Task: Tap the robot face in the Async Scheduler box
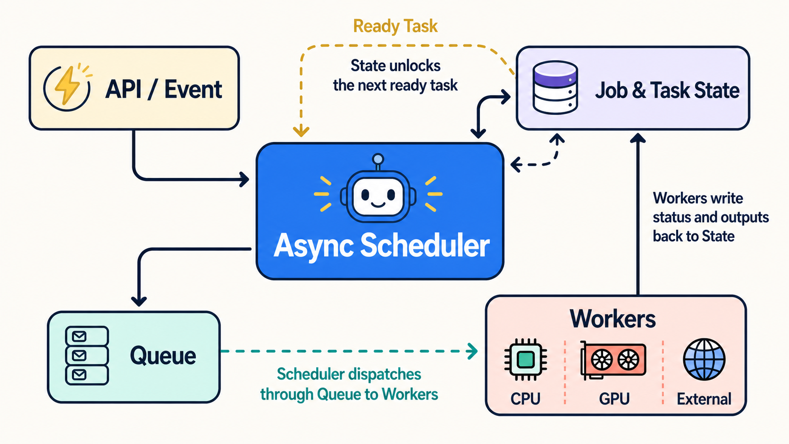[378, 196]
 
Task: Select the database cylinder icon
[555, 87]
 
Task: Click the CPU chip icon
[526, 360]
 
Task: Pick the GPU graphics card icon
[613, 360]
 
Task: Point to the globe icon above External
[704, 359]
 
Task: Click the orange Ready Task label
[395, 26]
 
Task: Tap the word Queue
[163, 356]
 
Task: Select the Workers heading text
[613, 319]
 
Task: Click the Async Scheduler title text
[381, 246]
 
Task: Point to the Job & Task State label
[667, 90]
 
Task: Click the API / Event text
[164, 90]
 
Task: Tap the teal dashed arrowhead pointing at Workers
[472, 351]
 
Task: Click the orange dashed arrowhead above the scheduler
[301, 131]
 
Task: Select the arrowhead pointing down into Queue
[139, 302]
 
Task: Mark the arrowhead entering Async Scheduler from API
[244, 179]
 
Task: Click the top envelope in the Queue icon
[79, 336]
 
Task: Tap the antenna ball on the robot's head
[378, 159]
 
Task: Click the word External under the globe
[704, 399]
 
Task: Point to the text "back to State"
[694, 236]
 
